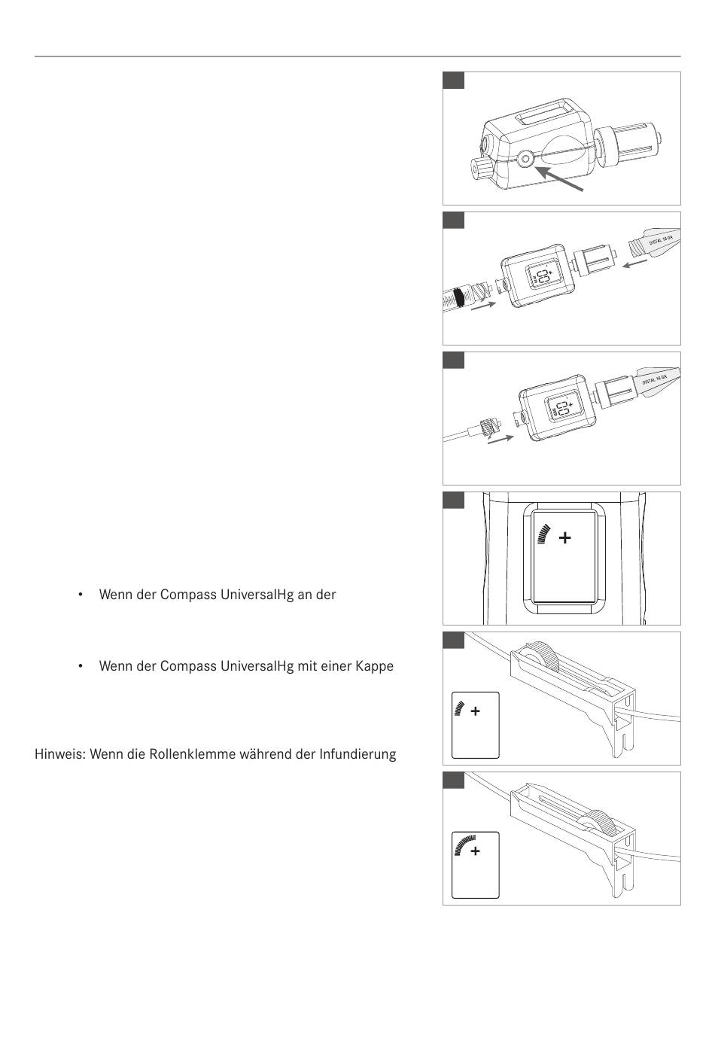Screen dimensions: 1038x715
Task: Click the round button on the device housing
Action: coord(525,158)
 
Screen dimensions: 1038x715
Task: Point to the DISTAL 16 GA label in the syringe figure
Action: coord(665,242)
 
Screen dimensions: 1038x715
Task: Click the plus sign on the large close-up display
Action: coord(564,537)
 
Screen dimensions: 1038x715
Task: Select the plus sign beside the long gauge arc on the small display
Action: coord(475,851)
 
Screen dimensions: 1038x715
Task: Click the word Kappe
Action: coord(375,666)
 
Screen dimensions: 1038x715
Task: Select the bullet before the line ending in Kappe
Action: coord(79,666)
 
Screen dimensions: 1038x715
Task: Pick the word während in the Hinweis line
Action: coord(266,753)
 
